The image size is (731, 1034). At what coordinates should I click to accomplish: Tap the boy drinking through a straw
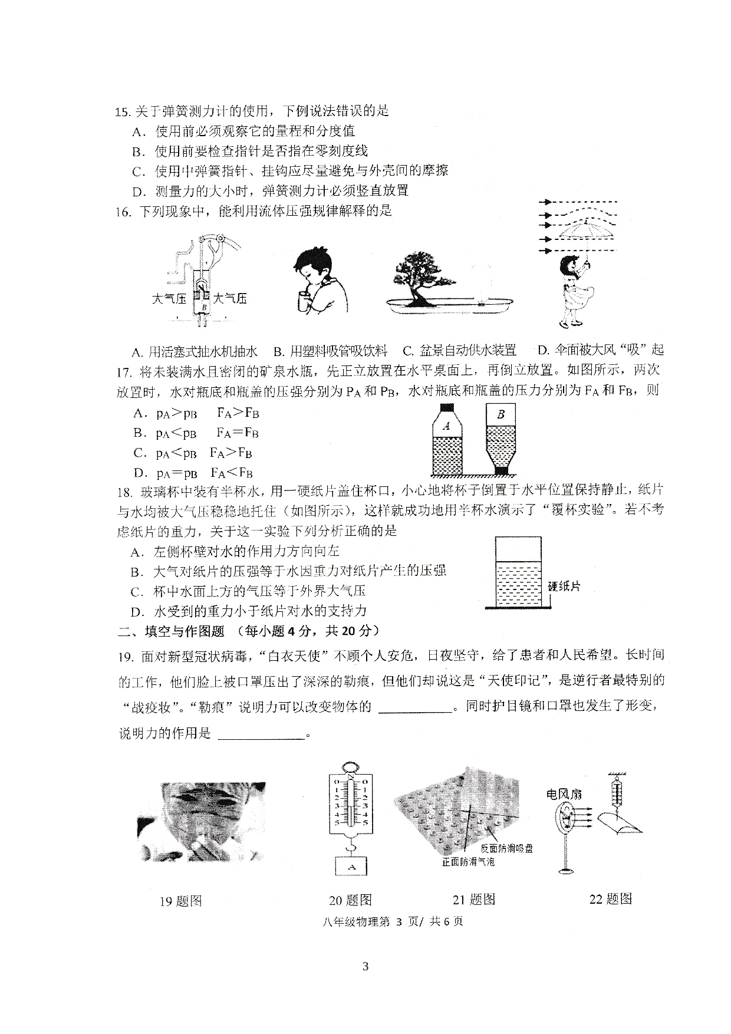pos(318,281)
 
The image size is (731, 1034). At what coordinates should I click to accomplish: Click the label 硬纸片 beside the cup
pos(564,587)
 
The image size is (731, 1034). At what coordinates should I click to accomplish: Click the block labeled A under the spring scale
pos(352,867)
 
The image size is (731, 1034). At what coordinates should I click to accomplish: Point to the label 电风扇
pos(564,794)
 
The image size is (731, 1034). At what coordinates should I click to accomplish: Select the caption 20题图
pos(351,900)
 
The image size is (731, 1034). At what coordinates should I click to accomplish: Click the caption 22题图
pos(610,899)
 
